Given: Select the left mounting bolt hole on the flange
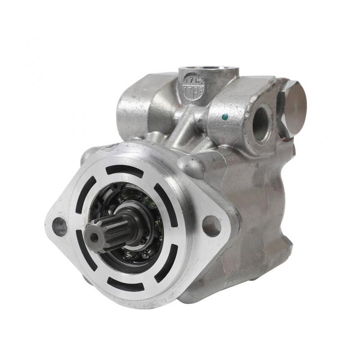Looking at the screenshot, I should tap(60, 226).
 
